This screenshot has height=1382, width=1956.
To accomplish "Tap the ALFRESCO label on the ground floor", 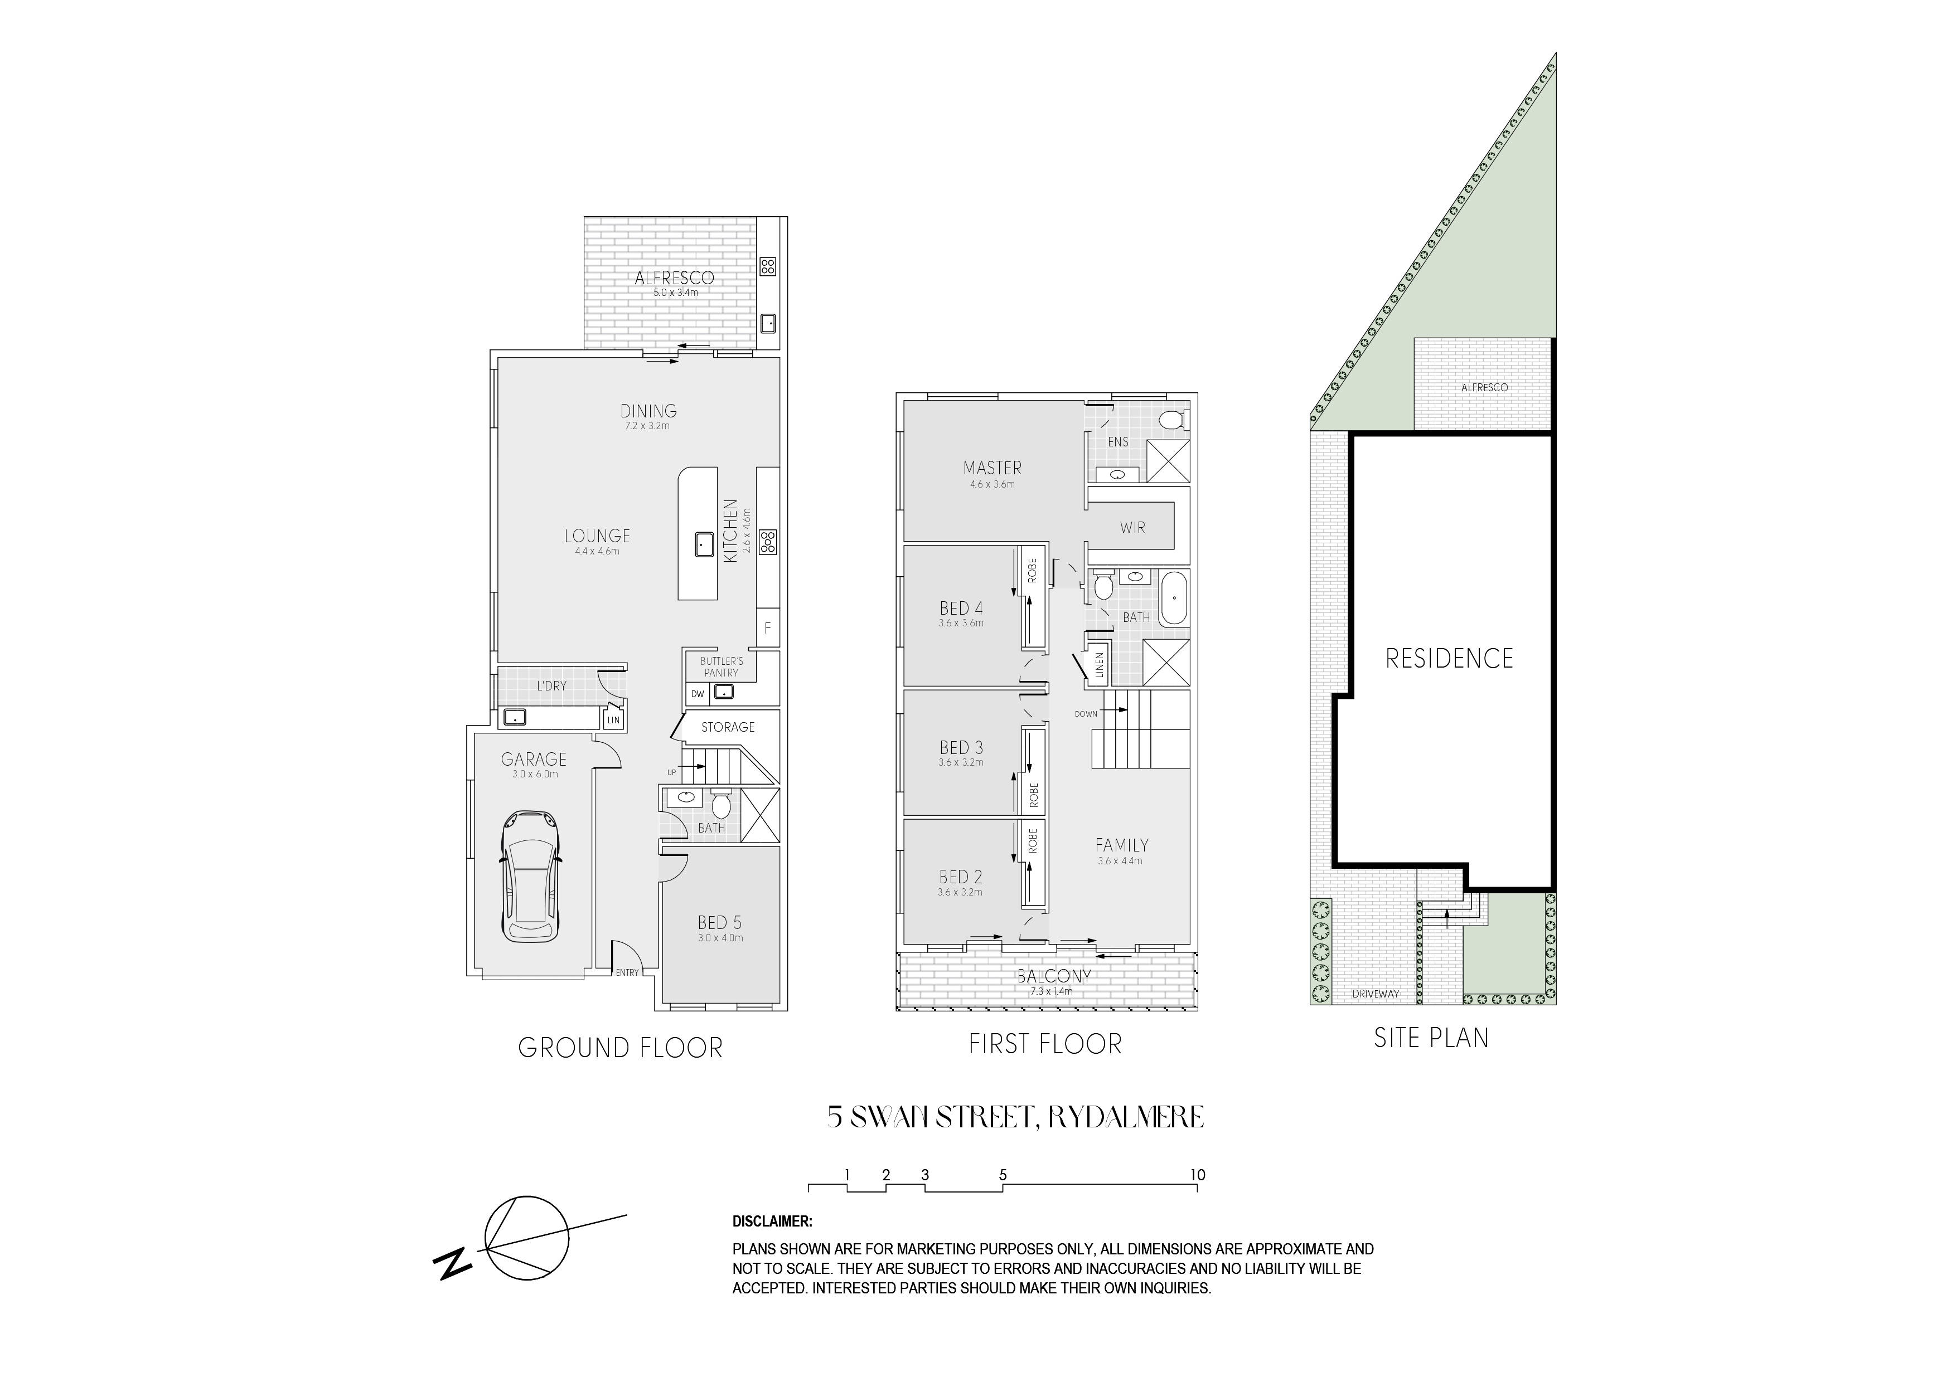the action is (674, 278).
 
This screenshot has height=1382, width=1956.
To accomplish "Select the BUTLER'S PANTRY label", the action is (722, 666).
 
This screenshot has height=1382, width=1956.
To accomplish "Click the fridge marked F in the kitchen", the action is (768, 629).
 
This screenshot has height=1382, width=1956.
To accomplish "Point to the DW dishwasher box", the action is (698, 694).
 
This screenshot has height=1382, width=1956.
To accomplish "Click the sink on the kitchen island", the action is (704, 543).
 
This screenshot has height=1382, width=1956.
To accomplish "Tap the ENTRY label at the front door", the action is (627, 972).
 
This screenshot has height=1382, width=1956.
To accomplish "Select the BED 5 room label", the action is (720, 922).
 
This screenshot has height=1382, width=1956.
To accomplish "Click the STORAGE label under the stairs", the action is (728, 727).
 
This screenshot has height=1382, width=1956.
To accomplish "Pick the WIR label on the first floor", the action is (1132, 528).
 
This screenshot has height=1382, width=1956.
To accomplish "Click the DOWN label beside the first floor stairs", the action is (1086, 713).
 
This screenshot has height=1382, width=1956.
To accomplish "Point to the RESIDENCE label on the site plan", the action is (1449, 658).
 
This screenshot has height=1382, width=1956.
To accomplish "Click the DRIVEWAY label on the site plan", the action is (1375, 994).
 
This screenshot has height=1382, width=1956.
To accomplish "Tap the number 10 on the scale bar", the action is (1197, 1175).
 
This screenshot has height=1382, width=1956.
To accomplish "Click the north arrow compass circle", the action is (526, 1237).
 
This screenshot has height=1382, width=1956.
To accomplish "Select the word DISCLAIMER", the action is (772, 1221).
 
